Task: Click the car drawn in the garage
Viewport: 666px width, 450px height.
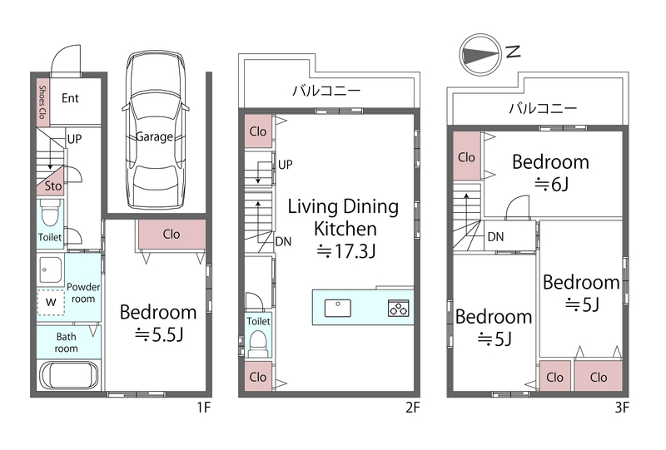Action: [155, 131]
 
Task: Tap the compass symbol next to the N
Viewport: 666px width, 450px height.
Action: [481, 55]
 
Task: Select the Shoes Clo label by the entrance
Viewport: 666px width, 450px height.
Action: [42, 102]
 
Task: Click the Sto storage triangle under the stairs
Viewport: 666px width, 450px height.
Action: [51, 180]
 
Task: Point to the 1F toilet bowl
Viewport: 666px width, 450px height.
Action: [51, 215]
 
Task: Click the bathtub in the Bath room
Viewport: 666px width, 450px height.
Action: [69, 374]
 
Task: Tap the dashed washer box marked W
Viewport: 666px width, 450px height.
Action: [51, 302]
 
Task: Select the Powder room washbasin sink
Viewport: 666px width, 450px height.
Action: [51, 270]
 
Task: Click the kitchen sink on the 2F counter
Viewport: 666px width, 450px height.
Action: [338, 308]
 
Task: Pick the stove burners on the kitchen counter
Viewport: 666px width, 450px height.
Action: [399, 308]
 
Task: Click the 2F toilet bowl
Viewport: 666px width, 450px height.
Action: [258, 343]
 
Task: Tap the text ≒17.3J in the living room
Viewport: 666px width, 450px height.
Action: [346, 251]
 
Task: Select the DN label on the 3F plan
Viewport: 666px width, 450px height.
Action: [495, 236]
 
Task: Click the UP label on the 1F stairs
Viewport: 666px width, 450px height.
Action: [74, 139]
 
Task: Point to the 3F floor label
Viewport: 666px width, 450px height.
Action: [622, 408]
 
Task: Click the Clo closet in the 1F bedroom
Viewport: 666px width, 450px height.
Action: [171, 234]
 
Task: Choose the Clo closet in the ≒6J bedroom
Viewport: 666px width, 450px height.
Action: [467, 156]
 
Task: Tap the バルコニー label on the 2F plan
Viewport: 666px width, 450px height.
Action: [326, 91]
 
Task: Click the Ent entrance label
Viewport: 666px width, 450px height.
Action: [70, 98]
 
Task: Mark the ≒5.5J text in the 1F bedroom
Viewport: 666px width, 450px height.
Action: [159, 335]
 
